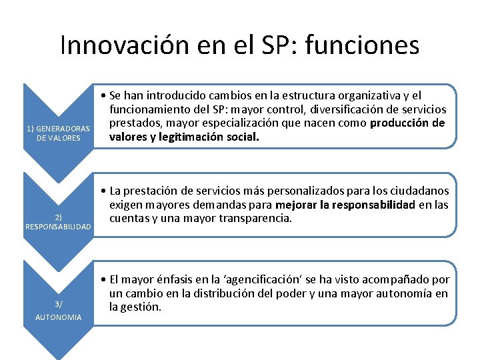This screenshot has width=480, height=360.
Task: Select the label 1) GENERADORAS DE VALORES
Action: point(58,133)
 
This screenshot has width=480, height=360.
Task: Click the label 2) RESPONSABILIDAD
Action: point(58,222)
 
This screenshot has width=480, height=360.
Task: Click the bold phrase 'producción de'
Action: point(407,123)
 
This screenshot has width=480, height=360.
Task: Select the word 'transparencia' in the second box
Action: point(256,219)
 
